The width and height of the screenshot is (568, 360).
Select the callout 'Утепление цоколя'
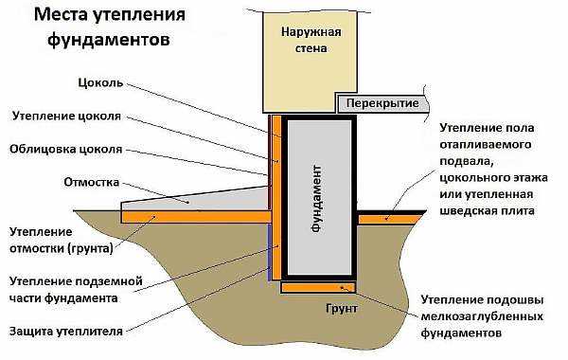[x=65, y=117]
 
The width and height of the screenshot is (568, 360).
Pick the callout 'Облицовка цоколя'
[x=64, y=150]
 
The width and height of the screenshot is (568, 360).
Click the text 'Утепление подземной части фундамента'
[x=76, y=290]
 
